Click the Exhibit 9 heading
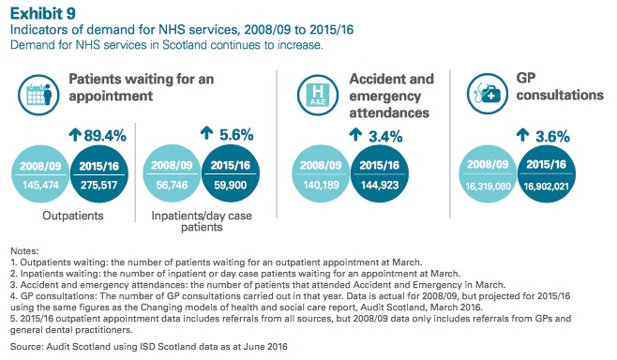click(38, 11)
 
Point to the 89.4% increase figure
click(98, 136)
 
